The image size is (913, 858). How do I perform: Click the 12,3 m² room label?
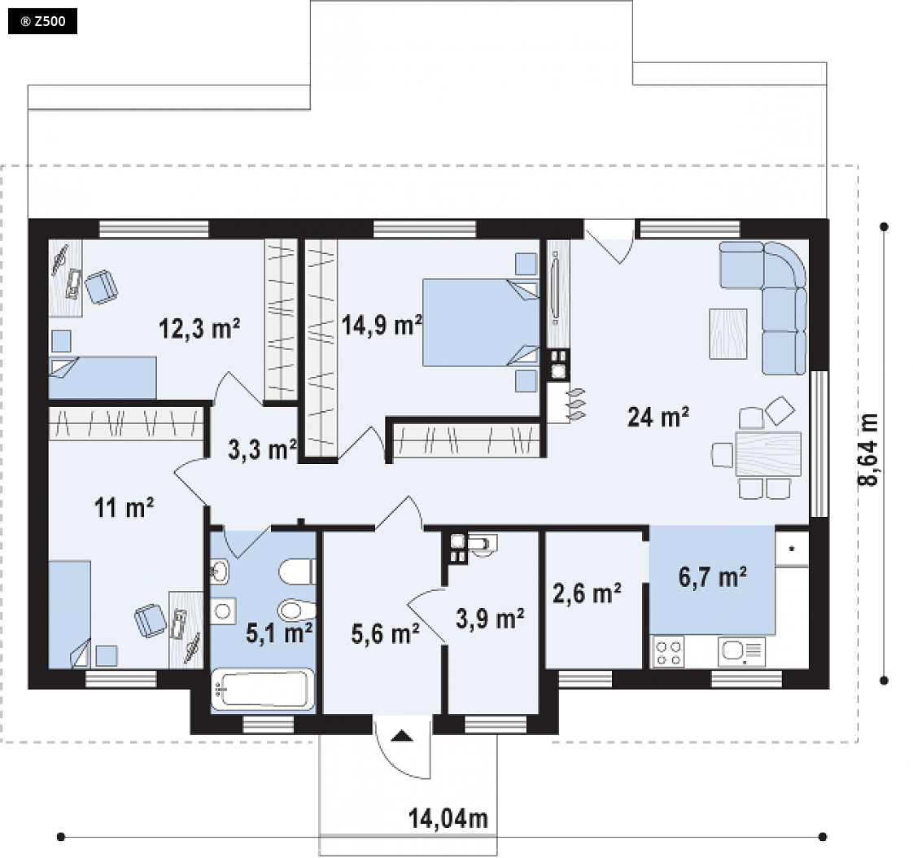(199, 329)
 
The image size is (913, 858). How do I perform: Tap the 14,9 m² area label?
(382, 325)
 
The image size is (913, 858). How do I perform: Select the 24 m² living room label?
(658, 417)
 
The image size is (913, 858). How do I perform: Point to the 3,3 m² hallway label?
(263, 449)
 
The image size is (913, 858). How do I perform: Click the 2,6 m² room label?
(587, 593)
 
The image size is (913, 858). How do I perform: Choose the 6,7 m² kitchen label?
(713, 577)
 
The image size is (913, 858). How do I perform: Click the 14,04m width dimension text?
(448, 818)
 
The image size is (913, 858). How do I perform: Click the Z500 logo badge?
(42, 22)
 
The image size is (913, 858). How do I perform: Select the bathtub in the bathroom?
(263, 689)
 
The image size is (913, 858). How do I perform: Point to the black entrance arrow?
(402, 736)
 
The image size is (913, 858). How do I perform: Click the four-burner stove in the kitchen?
(668, 652)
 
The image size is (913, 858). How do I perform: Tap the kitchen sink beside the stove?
(742, 652)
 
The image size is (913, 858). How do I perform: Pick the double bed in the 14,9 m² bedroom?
(481, 322)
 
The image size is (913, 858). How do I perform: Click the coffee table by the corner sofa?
(727, 334)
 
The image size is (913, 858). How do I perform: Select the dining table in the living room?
(768, 454)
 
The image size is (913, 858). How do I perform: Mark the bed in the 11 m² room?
(69, 614)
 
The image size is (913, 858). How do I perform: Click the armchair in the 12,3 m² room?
(102, 287)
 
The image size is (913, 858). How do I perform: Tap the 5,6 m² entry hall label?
(386, 633)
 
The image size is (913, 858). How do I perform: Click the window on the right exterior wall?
(819, 444)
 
